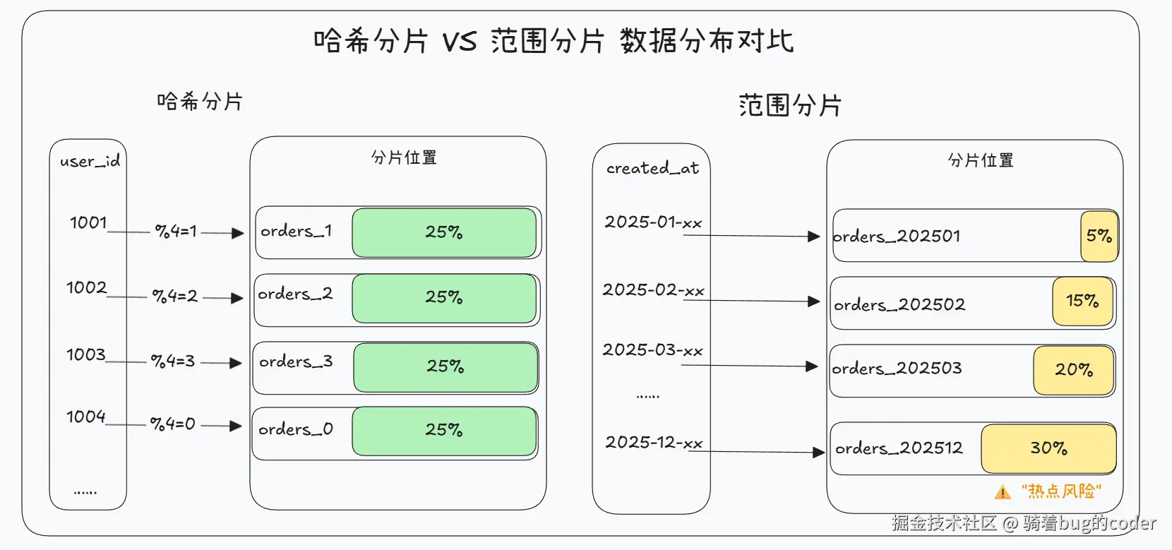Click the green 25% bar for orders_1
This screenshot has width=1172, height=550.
(x=444, y=232)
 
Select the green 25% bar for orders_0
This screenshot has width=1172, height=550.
(x=444, y=431)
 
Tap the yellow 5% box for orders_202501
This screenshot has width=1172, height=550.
(x=1099, y=236)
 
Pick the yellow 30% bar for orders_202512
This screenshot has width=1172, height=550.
(x=1048, y=448)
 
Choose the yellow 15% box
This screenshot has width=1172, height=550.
(x=1082, y=301)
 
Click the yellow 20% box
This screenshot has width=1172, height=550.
(x=1074, y=370)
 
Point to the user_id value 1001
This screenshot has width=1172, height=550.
(x=88, y=223)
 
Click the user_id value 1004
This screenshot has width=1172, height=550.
(x=86, y=417)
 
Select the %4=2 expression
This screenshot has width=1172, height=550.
(x=175, y=297)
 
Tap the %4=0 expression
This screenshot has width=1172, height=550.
(x=173, y=424)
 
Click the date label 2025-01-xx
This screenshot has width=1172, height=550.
(x=654, y=222)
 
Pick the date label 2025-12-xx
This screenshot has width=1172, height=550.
(x=654, y=442)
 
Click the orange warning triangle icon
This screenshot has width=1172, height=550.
(x=1003, y=492)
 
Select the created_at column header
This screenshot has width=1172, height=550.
(x=652, y=168)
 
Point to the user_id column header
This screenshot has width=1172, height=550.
(x=90, y=161)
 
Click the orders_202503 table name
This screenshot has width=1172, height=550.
(x=897, y=369)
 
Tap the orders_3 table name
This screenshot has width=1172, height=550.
(x=296, y=361)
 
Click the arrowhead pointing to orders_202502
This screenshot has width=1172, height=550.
(x=813, y=301)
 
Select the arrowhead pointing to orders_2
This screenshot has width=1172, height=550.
(x=237, y=298)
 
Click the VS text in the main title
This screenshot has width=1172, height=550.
(x=460, y=42)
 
